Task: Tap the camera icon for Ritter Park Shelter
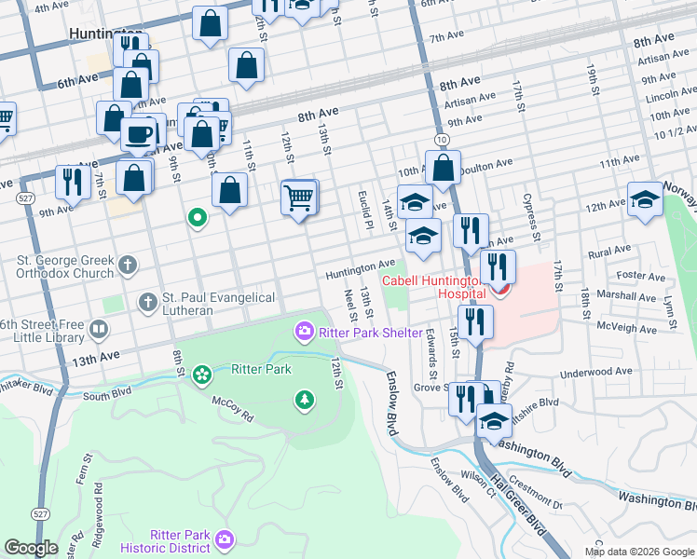pos(304,332)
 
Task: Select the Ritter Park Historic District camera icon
pos(225,539)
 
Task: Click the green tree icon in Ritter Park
pos(304,401)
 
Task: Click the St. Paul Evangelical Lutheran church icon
pos(147,302)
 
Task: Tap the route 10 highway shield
pos(442,139)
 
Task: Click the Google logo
pos(31,548)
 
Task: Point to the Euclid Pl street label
pos(364,203)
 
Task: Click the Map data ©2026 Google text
pos(639,551)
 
